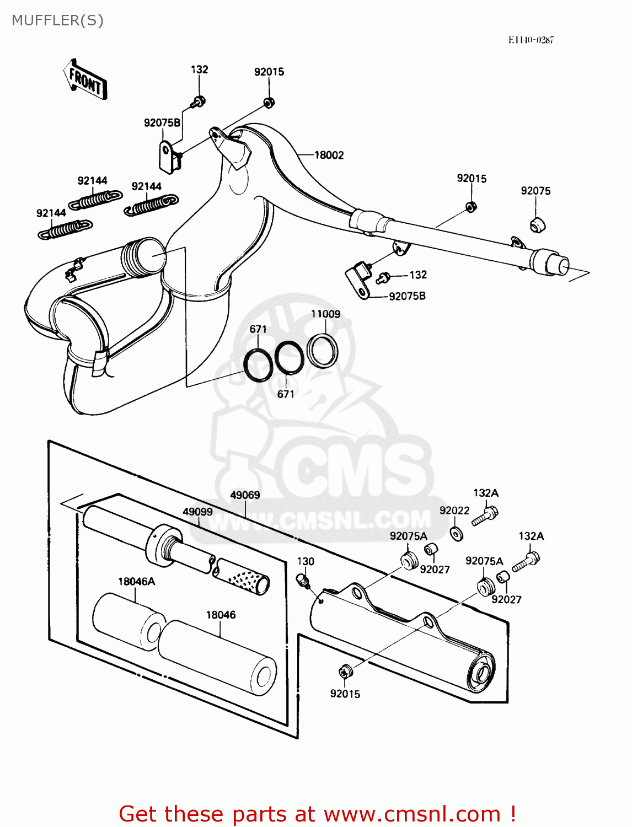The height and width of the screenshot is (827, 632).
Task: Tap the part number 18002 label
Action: [x=329, y=155]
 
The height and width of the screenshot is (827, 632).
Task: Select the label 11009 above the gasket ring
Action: [x=325, y=314]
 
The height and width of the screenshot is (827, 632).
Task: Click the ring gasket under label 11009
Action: [x=323, y=351]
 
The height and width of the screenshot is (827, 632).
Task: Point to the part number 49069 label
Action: [x=245, y=495]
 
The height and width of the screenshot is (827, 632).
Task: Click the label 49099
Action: [x=197, y=512]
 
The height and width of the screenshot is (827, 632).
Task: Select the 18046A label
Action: [x=136, y=582]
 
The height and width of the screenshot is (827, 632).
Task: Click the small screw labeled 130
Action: [x=303, y=579]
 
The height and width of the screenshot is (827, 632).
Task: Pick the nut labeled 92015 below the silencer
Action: [x=345, y=672]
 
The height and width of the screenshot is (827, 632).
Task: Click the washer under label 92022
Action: [x=456, y=534]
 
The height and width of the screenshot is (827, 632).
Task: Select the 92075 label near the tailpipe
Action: [x=535, y=191]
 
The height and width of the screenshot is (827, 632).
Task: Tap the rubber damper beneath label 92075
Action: [x=537, y=225]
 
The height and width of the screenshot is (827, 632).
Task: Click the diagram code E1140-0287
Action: [x=531, y=40]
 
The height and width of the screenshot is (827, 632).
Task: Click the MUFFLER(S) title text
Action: [x=57, y=20]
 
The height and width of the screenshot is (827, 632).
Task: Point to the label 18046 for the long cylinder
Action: [x=221, y=615]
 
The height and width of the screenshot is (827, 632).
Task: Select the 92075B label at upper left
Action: [x=162, y=123]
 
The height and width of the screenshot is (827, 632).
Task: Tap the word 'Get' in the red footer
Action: [x=139, y=814]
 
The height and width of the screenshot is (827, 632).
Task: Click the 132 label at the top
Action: [x=199, y=69]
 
